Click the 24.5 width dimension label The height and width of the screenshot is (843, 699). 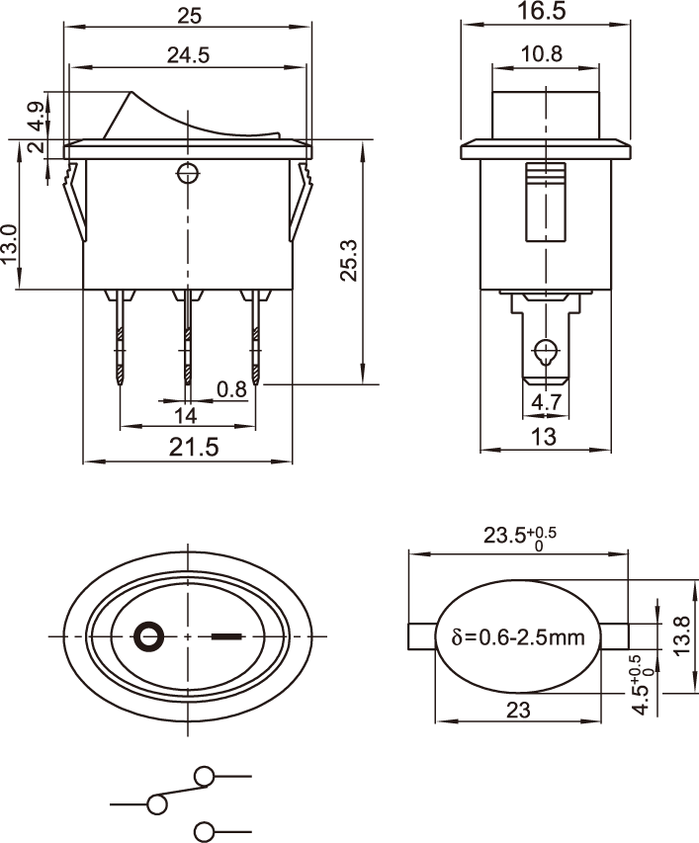click(188, 54)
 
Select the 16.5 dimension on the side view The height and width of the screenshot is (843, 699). click(542, 11)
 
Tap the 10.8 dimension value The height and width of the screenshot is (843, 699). click(542, 53)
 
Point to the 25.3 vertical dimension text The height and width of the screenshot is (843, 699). click(349, 260)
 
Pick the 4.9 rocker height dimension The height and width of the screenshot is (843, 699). click(37, 117)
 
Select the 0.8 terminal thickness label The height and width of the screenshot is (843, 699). click(231, 389)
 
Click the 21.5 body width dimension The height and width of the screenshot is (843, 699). click(194, 447)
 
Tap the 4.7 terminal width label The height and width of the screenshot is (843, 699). click(547, 402)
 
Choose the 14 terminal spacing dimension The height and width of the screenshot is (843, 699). click(186, 416)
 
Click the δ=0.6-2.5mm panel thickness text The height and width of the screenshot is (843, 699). click(518, 637)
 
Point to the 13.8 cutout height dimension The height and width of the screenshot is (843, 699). click(681, 635)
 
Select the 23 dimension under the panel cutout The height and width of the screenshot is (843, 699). click(518, 711)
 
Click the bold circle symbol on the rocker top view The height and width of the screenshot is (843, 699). click(149, 636)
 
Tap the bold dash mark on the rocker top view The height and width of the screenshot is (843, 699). click(226, 637)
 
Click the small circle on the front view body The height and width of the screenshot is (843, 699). click(188, 173)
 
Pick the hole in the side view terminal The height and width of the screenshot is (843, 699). click(546, 350)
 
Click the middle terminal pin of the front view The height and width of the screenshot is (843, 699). click(188, 338)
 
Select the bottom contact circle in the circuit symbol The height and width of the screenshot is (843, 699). click(204, 831)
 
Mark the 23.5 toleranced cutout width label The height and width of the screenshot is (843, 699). click(519, 537)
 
